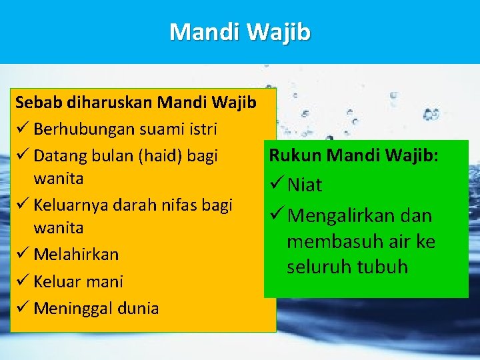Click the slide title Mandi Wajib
240,31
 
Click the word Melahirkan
76,255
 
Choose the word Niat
305,185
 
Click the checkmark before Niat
275,185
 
